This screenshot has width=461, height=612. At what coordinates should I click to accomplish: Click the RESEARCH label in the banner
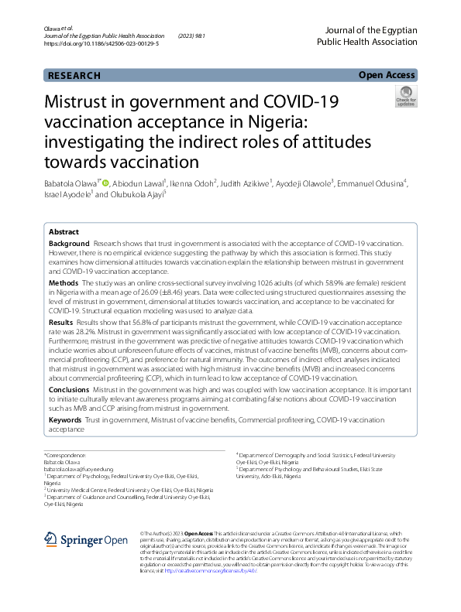coord(74,75)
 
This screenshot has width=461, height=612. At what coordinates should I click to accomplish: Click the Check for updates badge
coord(405,97)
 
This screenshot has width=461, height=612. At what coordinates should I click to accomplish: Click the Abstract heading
coord(64,231)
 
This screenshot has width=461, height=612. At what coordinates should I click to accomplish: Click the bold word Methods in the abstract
coord(63,283)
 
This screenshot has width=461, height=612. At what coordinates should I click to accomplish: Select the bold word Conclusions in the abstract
coord(70,390)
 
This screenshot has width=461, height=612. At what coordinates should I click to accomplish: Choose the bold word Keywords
coord(65,419)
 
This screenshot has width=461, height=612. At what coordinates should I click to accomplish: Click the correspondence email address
coord(76,469)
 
